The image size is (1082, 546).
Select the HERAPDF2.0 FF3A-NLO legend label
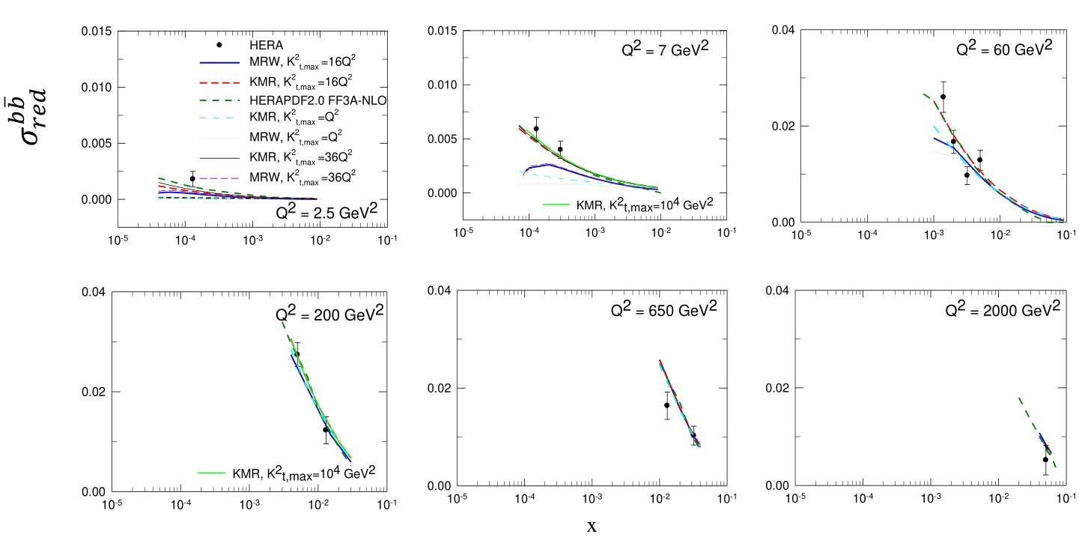pos(282,100)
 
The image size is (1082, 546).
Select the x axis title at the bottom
pos(592,526)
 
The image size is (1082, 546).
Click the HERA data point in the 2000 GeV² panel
pos(1045,459)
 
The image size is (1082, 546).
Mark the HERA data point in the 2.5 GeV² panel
pos(192,178)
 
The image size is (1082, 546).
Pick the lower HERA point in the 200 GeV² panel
pos(326,430)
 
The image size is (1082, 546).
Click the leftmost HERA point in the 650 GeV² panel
pos(666,405)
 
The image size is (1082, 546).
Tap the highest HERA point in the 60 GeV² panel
pos(943,97)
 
